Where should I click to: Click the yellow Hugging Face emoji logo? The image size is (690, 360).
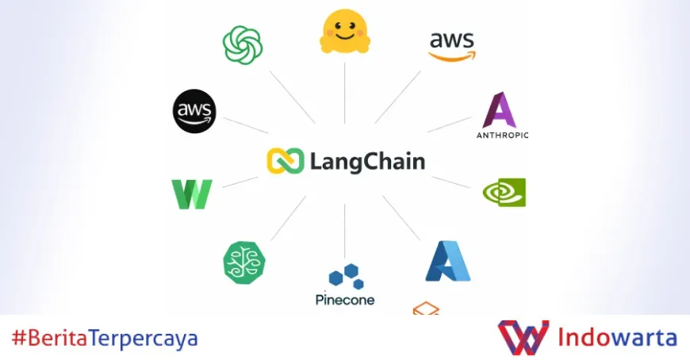point(345,33)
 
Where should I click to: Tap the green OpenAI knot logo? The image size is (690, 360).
point(243,44)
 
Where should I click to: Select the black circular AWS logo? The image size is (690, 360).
point(194,111)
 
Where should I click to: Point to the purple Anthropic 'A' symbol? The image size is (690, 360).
point(500,110)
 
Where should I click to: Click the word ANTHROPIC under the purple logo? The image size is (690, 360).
point(502,135)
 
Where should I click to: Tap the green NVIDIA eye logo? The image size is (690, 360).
point(504,193)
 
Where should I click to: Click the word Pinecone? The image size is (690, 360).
point(345,300)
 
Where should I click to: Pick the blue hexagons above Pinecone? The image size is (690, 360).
point(346,277)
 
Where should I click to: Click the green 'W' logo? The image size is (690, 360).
point(192,194)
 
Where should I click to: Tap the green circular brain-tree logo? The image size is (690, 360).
point(244,262)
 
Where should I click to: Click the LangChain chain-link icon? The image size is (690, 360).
point(286,161)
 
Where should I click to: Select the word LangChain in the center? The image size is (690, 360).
point(368,162)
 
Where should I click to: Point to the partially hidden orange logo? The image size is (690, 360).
point(426,308)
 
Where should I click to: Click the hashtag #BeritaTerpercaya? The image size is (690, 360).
point(105,339)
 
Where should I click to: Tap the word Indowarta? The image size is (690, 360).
point(618,338)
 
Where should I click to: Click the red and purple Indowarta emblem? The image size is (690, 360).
point(523,337)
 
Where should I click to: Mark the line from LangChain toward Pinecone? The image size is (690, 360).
point(345,230)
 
